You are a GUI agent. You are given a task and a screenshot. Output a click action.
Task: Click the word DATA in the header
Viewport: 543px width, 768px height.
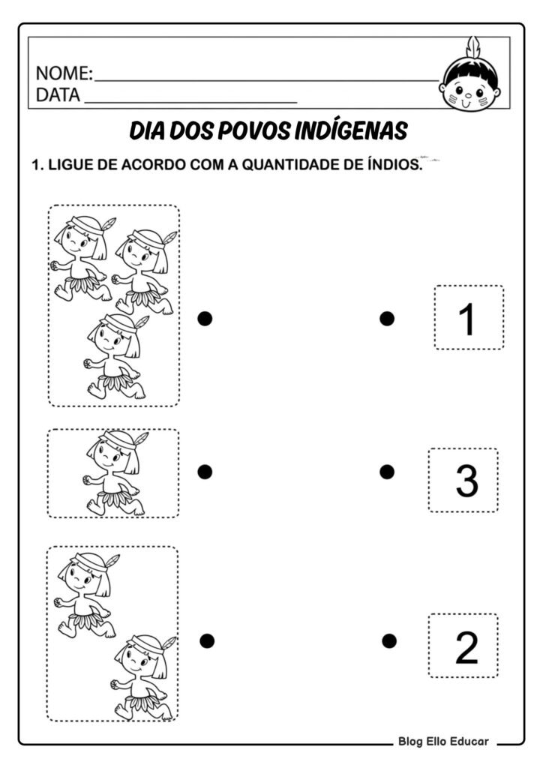[58, 96]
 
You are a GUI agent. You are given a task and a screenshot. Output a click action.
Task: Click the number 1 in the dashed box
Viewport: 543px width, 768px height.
[466, 319]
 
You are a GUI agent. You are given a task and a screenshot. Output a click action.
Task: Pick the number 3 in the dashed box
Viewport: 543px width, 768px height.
[466, 481]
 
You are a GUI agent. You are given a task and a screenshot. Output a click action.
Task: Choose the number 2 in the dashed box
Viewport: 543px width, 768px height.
[466, 647]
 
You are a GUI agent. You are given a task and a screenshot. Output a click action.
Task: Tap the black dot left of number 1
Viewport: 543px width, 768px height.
[387, 319]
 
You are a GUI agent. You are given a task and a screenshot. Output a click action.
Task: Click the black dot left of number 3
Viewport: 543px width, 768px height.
[387, 471]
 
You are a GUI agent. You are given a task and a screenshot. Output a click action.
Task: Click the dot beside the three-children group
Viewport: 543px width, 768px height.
[205, 319]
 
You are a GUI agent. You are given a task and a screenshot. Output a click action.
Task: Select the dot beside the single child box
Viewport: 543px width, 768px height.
[205, 471]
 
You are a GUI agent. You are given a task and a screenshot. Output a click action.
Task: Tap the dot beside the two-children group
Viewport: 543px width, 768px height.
[208, 640]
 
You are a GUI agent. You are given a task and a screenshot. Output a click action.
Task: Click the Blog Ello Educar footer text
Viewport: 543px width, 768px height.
[442, 742]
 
